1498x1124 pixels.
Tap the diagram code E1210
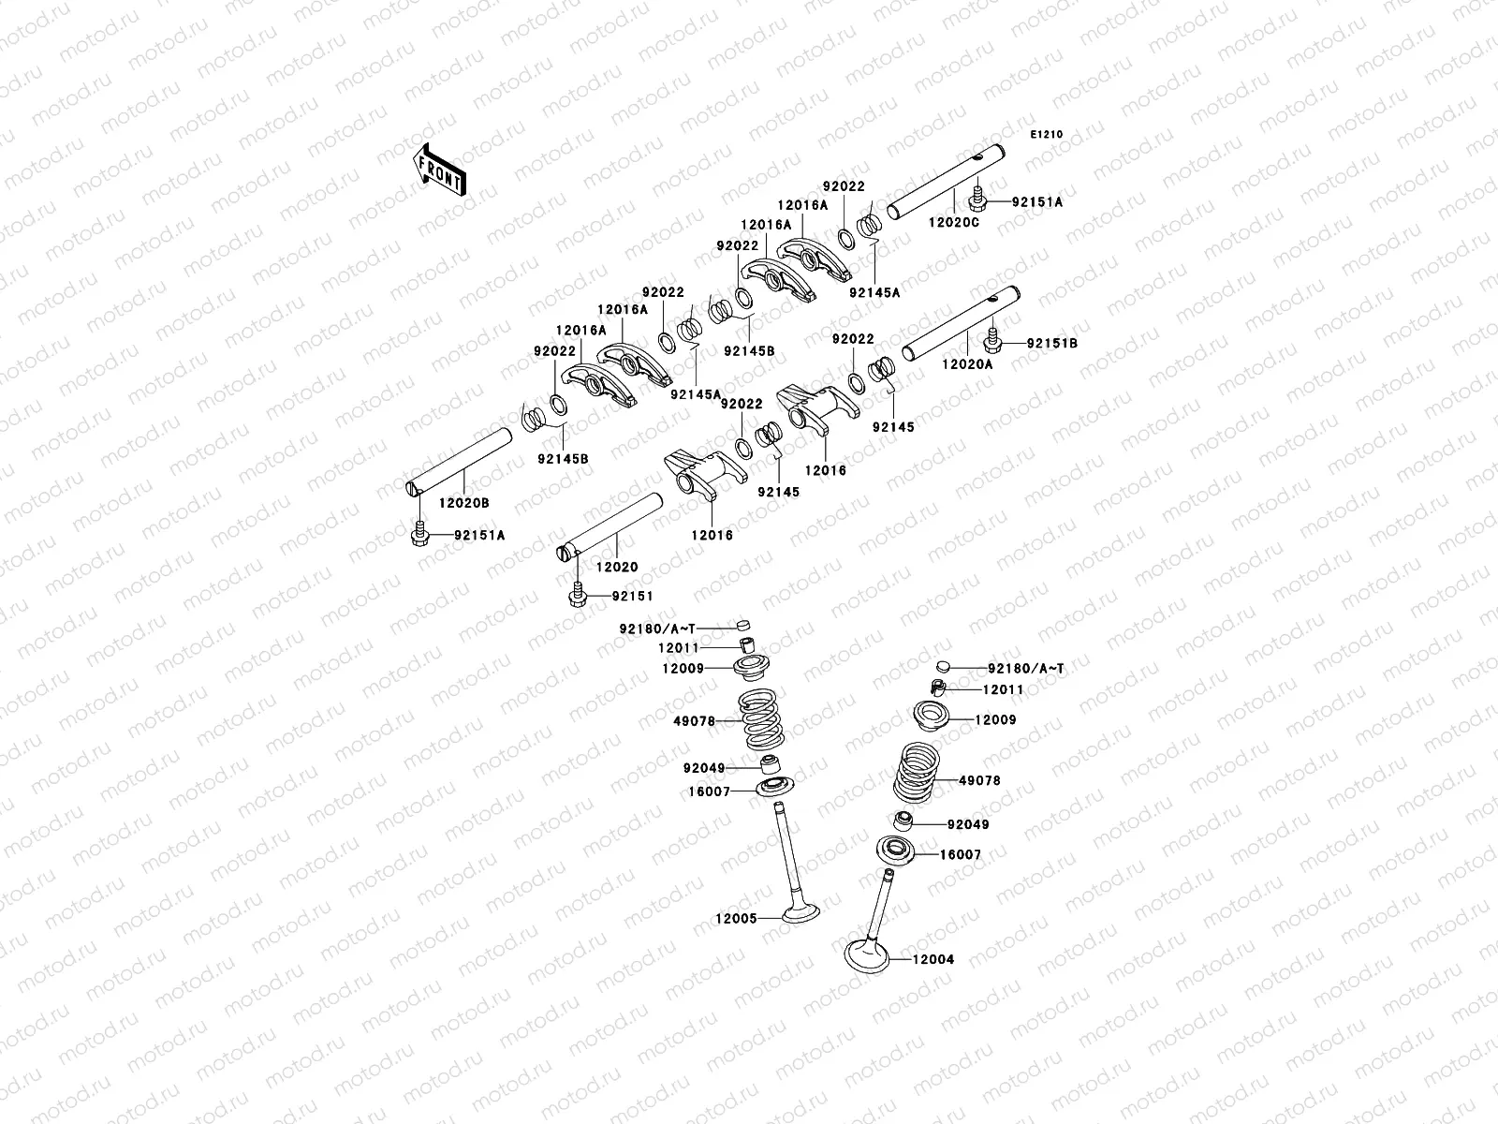1047,135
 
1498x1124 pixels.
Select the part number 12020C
953,222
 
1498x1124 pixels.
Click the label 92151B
1051,344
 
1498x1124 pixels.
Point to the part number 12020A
967,364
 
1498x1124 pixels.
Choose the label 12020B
463,503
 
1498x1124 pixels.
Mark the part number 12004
933,959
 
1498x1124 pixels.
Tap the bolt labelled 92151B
992,342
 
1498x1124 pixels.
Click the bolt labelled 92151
577,595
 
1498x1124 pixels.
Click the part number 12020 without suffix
617,567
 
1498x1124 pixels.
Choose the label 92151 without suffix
632,596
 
